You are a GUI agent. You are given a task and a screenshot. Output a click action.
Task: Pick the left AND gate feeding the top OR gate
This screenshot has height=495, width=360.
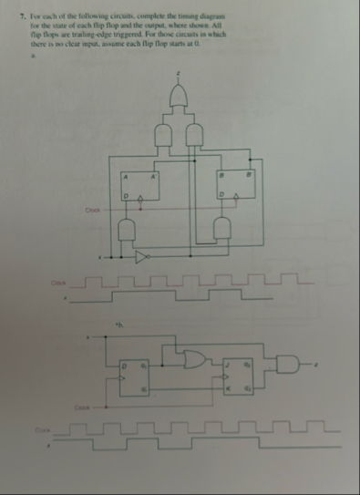coord(166,133)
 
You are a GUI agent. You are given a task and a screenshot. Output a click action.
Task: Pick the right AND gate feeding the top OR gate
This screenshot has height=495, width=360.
coord(195,133)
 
